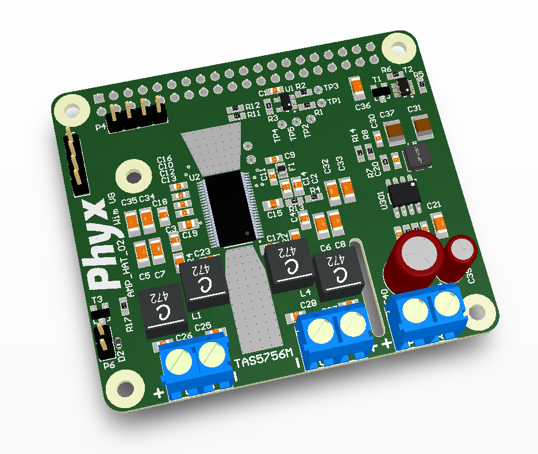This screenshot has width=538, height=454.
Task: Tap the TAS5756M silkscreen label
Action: [x=264, y=359]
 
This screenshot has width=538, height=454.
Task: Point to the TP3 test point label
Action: [x=332, y=87]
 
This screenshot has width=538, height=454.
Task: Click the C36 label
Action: [x=363, y=106]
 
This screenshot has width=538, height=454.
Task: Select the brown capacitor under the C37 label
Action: [x=395, y=131]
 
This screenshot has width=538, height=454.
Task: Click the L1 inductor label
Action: [x=197, y=316]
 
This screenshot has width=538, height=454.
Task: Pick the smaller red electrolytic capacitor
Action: [x=462, y=253]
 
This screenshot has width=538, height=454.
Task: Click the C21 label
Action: [x=433, y=204]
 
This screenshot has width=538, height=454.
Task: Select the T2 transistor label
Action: [x=408, y=69]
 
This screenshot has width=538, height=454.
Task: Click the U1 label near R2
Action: [x=289, y=87]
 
